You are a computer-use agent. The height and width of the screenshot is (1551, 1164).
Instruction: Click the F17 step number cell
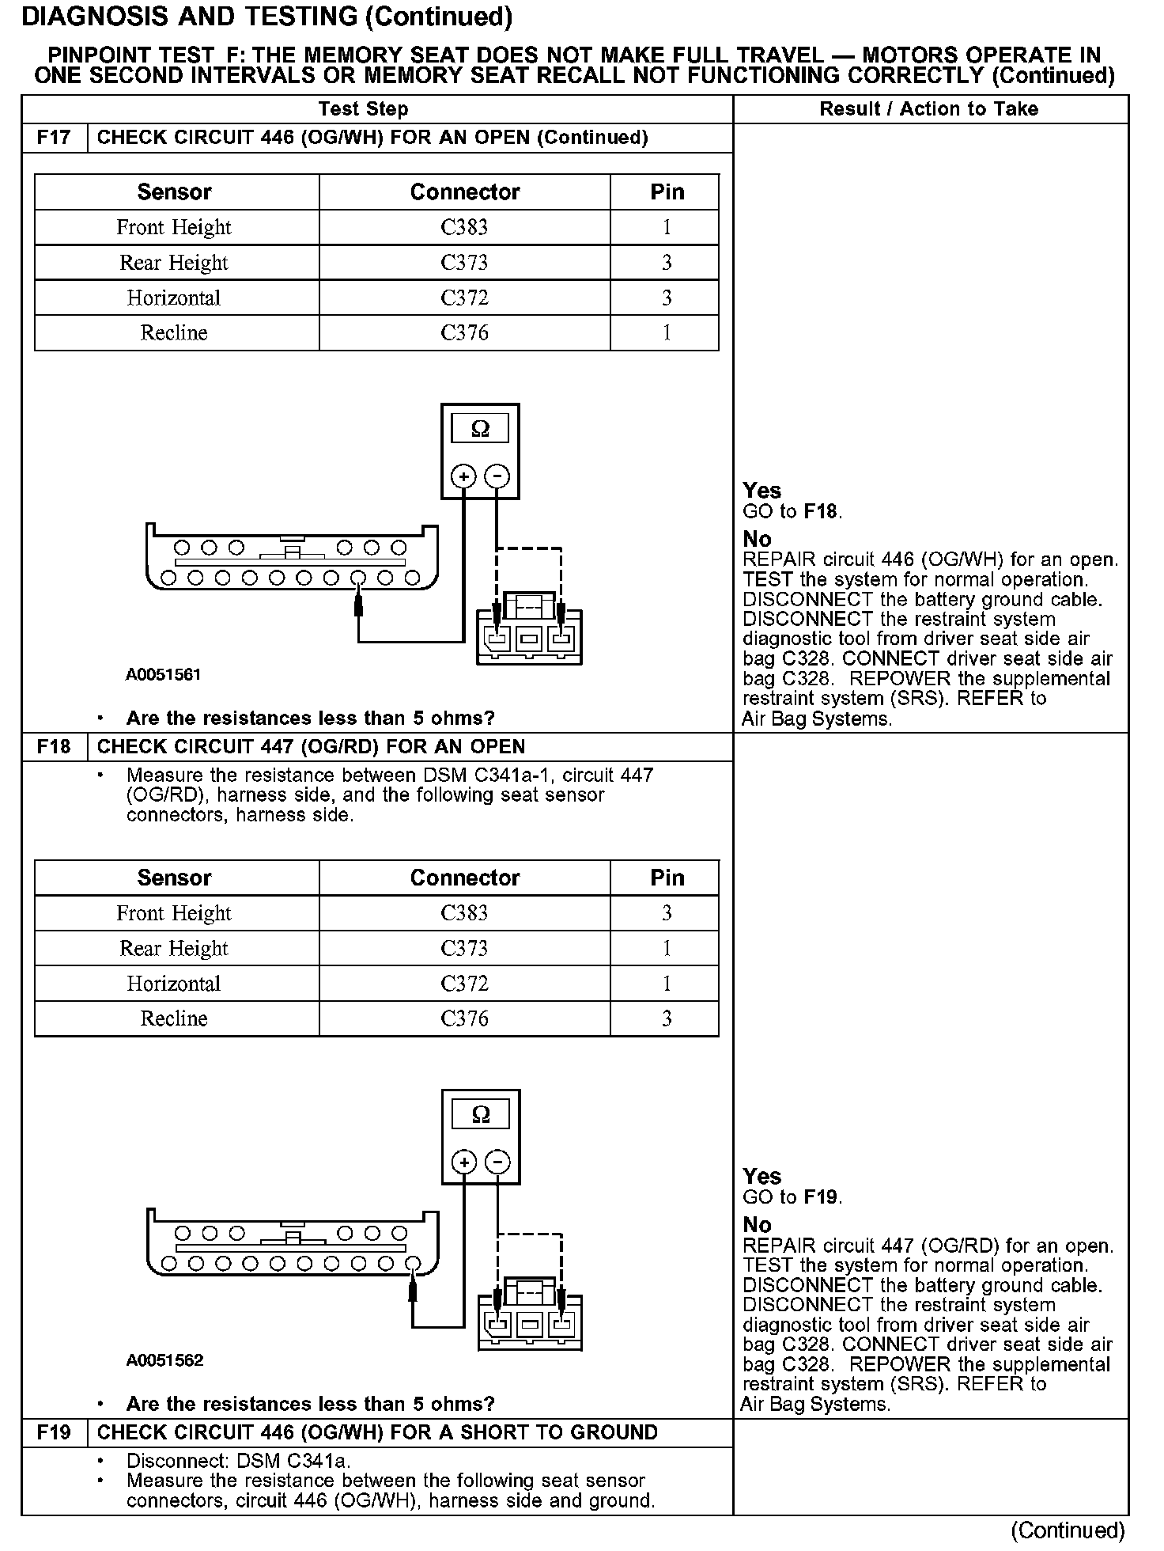pos(54,138)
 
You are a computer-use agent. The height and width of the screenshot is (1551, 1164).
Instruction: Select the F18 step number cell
pos(54,747)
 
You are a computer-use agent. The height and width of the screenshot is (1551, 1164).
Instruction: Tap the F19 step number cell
pos(54,1432)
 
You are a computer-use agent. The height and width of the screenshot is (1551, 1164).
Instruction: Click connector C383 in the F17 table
pos(464,228)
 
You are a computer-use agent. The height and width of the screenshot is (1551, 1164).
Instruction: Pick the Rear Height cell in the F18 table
pos(174,948)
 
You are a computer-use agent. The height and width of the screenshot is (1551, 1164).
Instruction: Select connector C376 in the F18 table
pos(464,1018)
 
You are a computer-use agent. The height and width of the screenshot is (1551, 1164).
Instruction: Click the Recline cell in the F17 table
pos(174,333)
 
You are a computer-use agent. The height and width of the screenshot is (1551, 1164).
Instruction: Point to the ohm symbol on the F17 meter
pos(480,429)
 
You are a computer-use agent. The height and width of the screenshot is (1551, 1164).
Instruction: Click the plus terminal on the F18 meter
pos(464,1162)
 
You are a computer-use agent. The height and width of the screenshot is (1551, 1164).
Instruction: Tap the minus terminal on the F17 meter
pos(497,476)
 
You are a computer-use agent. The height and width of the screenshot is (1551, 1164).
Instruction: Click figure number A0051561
pos(164,675)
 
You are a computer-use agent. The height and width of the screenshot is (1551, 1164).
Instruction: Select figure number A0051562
pos(164,1360)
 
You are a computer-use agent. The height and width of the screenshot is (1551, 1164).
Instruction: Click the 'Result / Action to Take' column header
pos(929,109)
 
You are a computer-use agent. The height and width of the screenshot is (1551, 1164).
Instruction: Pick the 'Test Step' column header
pos(364,109)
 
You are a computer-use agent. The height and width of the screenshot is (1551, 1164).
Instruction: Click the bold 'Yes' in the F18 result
pos(762,1176)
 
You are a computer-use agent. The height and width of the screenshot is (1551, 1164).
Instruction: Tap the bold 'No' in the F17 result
pos(757,540)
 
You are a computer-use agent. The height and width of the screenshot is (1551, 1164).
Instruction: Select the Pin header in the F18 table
pos(667,878)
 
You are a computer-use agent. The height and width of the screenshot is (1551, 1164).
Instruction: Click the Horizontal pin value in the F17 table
pos(667,298)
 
